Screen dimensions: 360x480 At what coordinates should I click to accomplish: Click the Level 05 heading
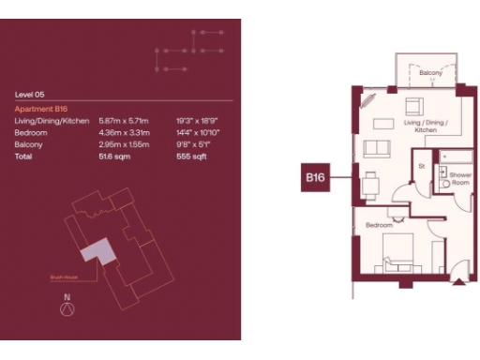tap(30, 95)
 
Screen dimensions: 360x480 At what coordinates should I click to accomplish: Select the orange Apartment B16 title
tap(42, 109)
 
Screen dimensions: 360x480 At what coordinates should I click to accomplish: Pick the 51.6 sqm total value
tap(113, 157)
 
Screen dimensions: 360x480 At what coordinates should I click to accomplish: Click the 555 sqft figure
tap(190, 157)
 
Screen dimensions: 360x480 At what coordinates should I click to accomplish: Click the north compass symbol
tap(66, 310)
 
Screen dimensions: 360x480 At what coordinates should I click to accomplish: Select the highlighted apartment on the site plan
tap(98, 250)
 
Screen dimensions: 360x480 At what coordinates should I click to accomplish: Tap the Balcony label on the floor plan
tap(430, 72)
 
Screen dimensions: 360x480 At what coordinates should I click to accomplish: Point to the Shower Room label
tap(459, 179)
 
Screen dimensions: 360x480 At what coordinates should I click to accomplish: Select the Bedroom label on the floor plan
tap(379, 226)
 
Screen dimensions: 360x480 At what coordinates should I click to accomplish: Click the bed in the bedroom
tap(405, 253)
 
